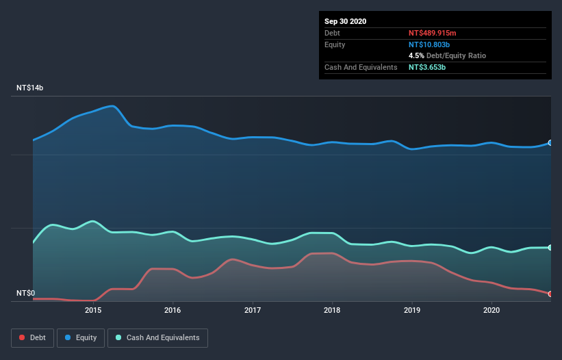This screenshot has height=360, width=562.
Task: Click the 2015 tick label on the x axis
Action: coord(93,310)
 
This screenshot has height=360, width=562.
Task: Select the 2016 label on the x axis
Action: coord(173,310)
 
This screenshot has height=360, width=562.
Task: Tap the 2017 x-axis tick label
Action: coord(253,310)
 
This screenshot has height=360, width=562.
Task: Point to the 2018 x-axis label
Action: coord(332,310)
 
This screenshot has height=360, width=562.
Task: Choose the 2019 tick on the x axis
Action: coord(412,310)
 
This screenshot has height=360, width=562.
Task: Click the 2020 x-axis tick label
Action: coord(491,310)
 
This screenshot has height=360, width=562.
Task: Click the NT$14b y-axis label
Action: coord(30,88)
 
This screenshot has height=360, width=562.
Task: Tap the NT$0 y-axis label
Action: coord(26,293)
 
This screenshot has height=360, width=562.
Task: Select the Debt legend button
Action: coord(31,337)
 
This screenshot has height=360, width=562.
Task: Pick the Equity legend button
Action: coord(81,337)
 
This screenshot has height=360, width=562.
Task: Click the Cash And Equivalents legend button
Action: coord(157,337)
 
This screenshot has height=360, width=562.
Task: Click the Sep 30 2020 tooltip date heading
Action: coord(346,21)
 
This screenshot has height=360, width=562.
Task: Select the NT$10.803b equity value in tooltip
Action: coord(430,44)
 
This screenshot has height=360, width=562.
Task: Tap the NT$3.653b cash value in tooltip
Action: coord(427,67)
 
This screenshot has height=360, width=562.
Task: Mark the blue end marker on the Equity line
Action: coord(550,143)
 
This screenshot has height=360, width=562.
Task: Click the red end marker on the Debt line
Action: coord(550,294)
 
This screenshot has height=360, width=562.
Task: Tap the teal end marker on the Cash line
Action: coord(550,247)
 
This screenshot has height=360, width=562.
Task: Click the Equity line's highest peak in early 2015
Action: coord(112,105)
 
